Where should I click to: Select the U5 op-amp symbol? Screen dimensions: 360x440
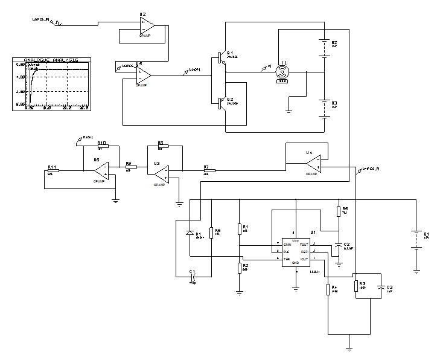click(x=143, y=75)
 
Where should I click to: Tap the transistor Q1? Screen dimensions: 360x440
click(x=221, y=59)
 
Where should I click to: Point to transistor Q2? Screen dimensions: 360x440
click(x=221, y=103)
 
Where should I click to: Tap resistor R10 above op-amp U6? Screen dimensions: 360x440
click(x=102, y=146)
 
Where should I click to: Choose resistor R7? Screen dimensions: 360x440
click(x=208, y=170)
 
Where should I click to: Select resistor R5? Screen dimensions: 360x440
click(x=337, y=211)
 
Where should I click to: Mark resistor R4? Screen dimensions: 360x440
click(x=328, y=289)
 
